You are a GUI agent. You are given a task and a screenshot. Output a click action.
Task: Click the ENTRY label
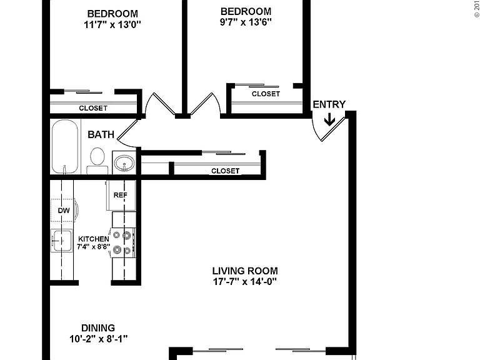tap(329, 104)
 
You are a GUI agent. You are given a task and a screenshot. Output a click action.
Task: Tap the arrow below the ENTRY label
tap(329, 119)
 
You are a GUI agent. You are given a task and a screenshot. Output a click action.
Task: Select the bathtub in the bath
tap(64, 146)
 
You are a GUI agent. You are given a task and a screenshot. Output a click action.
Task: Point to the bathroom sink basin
tap(124, 162)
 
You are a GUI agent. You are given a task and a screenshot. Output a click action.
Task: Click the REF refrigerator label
tap(120, 195)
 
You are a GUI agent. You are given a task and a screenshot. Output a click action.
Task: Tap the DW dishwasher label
tap(64, 210)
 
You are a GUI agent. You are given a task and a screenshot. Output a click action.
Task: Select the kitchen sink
tap(61, 241)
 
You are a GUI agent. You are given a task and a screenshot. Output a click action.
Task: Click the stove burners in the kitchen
tap(122, 243)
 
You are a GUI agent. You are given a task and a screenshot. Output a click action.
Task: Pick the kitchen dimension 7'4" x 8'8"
tap(93, 247)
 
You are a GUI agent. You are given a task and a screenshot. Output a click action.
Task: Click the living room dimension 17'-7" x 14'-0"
tap(245, 281)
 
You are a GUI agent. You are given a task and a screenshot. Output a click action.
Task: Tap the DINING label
tap(98, 328)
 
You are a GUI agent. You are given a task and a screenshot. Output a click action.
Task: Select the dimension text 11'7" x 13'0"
tap(112, 24)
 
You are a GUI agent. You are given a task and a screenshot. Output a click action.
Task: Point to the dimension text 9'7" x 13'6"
tap(246, 22)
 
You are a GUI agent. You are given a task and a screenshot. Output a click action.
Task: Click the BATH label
tap(101, 134)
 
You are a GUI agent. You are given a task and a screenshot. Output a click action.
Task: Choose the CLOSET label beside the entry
tap(266, 94)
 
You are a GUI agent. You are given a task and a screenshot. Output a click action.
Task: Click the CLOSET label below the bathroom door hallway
tap(225, 171)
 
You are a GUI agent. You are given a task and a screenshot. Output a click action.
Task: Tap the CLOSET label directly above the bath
tap(93, 108)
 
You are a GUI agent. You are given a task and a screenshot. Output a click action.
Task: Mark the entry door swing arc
tap(315, 130)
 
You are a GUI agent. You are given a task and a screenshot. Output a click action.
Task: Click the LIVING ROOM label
tap(245, 271)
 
